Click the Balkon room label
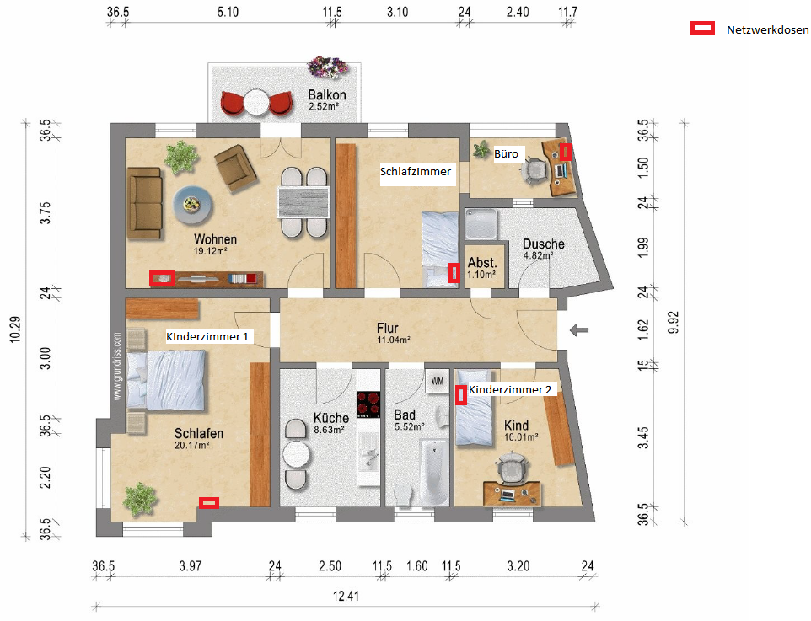327,95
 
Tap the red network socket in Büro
566,152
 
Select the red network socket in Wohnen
162,278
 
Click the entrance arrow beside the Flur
579,330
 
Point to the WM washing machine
438,382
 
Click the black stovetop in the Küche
368,404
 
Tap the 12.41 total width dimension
346,597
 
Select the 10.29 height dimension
15,329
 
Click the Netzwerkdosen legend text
767,30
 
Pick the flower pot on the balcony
327,67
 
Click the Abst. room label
482,263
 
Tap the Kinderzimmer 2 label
510,389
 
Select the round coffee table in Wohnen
192,205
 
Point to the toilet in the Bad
402,495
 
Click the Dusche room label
544,244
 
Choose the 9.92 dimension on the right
674,322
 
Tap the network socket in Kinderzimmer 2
461,395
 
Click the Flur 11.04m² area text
394,340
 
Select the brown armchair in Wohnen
236,168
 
